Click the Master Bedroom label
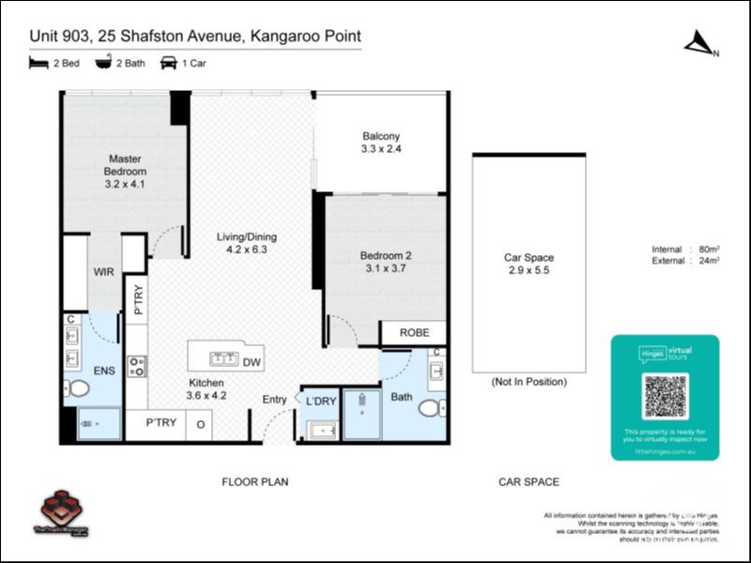[x=125, y=172]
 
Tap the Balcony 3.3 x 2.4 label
[x=381, y=143]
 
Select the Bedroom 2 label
[x=386, y=262]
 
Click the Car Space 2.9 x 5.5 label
[x=529, y=264]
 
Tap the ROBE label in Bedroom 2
[x=414, y=333]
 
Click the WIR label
[x=103, y=272]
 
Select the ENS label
[x=104, y=372]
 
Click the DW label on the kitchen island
[x=252, y=362]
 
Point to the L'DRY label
[x=321, y=402]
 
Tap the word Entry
[x=274, y=401]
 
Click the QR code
[x=666, y=396]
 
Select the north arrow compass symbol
[x=699, y=43]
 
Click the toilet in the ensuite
[x=79, y=388]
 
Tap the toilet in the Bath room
[x=431, y=409]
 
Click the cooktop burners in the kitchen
[x=137, y=365]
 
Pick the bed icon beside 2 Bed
[x=38, y=64]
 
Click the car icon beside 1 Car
[x=169, y=64]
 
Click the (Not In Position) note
[x=529, y=382]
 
